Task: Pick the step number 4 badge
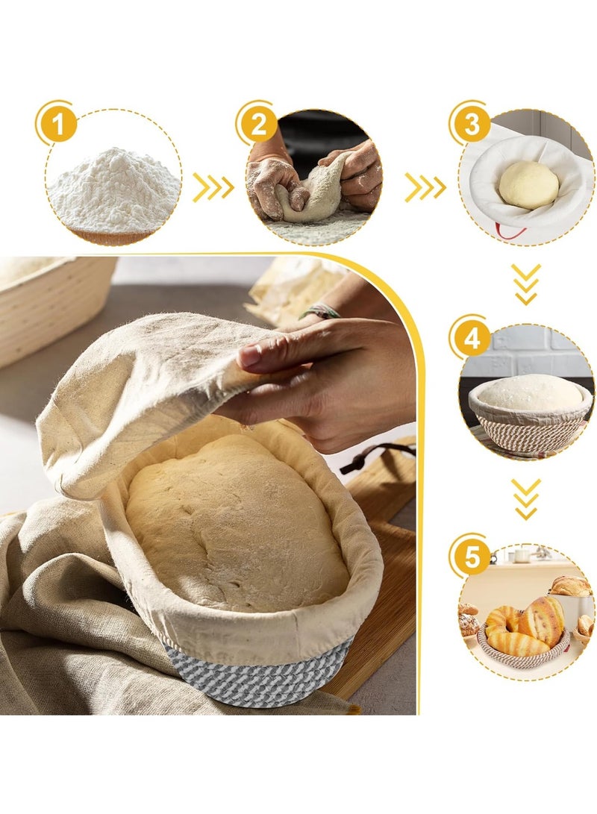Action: pyautogui.click(x=472, y=340)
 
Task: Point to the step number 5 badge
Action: pyautogui.click(x=472, y=557)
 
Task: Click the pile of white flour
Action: pyautogui.click(x=113, y=183)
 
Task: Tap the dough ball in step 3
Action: pyautogui.click(x=528, y=184)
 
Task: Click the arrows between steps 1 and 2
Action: pyautogui.click(x=213, y=189)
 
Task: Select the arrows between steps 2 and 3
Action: pyautogui.click(x=425, y=189)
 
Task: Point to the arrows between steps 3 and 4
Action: pyautogui.click(x=527, y=284)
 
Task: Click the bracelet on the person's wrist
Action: pyautogui.click(x=321, y=311)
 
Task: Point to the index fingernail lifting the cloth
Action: pyautogui.click(x=250, y=357)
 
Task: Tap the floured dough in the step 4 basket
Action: pyautogui.click(x=530, y=392)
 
